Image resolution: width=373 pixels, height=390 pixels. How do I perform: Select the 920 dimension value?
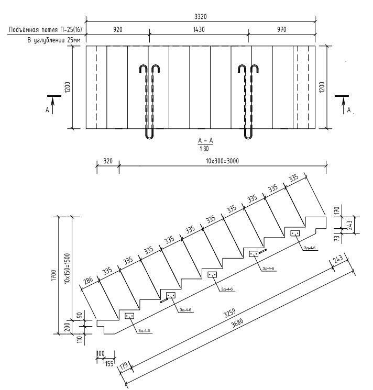(x=117, y=30)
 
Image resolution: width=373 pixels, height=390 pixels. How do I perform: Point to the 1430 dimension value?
(x=198, y=30)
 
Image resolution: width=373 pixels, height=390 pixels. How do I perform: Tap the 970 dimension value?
(x=281, y=30)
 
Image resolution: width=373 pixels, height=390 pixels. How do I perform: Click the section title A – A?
(x=201, y=141)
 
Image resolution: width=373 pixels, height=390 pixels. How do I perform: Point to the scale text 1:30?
(x=201, y=149)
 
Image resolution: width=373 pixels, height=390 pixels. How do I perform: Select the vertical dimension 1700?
(x=54, y=275)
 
